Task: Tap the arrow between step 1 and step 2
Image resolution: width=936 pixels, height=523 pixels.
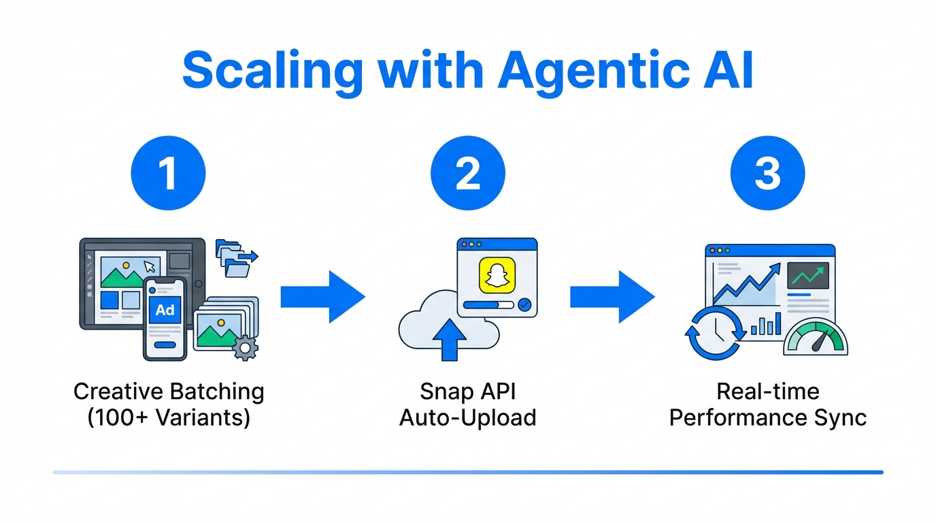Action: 322,297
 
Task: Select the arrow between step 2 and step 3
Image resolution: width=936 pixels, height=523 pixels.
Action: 612,297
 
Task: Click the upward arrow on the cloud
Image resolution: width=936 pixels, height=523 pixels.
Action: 449,338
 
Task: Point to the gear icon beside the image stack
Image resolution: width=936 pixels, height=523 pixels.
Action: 245,348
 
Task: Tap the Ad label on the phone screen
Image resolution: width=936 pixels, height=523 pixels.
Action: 165,311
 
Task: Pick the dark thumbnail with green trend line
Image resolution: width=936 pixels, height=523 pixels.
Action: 808,276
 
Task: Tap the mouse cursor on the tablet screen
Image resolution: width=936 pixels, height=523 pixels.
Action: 150,266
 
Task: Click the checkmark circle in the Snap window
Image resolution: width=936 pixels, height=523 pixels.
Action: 524,306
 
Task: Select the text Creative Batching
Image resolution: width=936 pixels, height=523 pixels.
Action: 169,392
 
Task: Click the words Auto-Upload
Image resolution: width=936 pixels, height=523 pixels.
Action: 468,417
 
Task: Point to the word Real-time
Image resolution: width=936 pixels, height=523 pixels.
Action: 767,392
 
